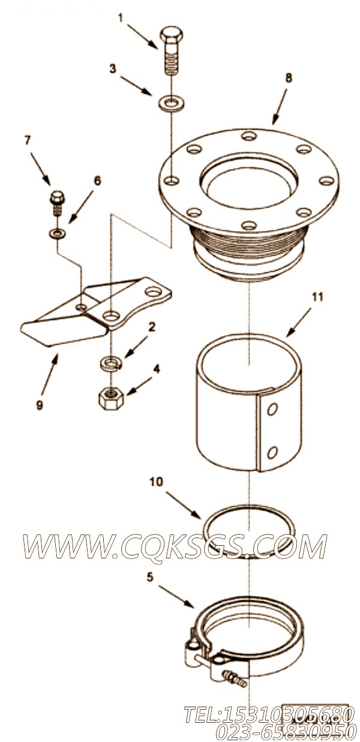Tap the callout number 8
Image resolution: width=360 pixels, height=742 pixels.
289,78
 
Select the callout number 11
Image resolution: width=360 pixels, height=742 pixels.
317,297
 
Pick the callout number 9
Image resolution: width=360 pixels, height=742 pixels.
40,405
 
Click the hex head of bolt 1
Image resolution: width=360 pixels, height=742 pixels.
172,35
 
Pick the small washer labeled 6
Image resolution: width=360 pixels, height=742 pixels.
58,233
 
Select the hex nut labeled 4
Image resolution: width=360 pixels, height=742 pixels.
112,397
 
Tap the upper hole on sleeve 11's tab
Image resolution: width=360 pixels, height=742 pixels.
272,411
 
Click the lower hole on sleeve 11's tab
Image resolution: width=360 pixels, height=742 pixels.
272,452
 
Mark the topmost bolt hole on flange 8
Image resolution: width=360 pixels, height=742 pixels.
249,136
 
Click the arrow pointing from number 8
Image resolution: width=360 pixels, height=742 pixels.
279,106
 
